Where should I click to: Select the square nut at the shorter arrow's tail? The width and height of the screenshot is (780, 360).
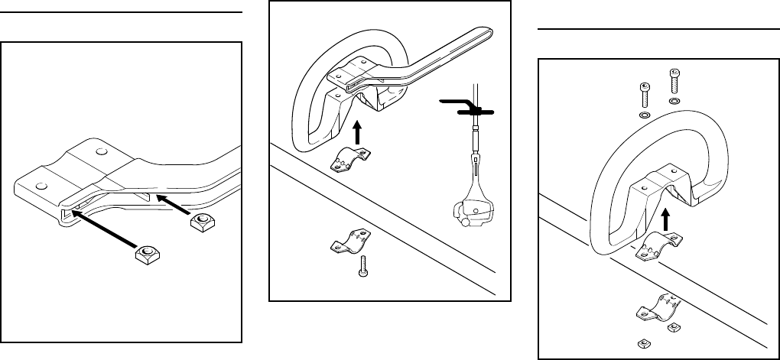point(201,222)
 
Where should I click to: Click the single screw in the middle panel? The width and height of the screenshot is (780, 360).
point(364,268)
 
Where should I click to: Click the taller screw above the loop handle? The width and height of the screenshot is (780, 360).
point(674,79)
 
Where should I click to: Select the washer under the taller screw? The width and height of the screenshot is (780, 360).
point(674,101)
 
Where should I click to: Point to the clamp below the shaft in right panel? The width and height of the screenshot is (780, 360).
point(656,308)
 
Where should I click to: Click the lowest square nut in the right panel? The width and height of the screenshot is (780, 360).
point(644,341)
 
